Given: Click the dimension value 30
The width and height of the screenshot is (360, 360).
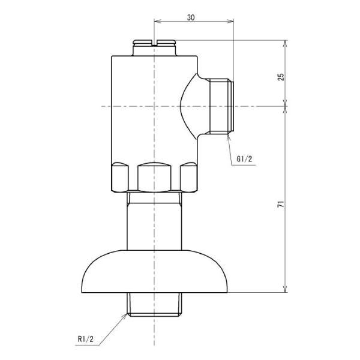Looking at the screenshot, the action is coord(191,17).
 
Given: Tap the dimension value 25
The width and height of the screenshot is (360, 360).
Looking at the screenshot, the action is coord(281,77).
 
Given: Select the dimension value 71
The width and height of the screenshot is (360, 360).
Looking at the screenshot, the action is coord(281,204).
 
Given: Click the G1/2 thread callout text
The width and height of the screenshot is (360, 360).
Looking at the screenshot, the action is coord(244,159).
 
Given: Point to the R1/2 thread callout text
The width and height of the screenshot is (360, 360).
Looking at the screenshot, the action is coord(86,339).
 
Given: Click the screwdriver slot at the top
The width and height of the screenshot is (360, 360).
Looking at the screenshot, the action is coord(154,43).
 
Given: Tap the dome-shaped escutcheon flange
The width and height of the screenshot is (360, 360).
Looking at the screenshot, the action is coord(155,271).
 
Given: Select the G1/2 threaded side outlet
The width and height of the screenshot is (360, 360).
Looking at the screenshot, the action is coord(222,106).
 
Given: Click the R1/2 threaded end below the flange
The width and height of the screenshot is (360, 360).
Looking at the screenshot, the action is coord(154,304).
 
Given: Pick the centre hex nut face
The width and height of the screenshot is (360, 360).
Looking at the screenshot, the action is coord(154,177).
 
